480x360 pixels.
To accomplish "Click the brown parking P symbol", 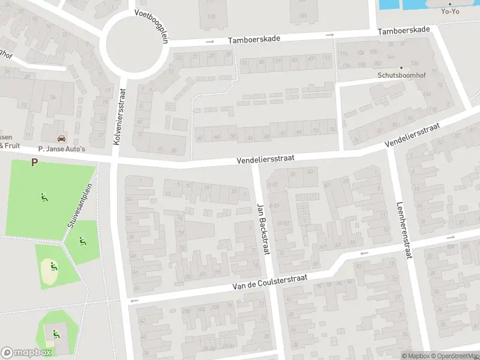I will (x=34, y=162).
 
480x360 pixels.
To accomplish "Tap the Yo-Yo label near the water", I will (x=449, y=11).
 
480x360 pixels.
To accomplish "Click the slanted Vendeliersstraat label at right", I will (x=414, y=136).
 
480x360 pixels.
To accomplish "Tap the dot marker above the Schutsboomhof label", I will (x=401, y=67).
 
